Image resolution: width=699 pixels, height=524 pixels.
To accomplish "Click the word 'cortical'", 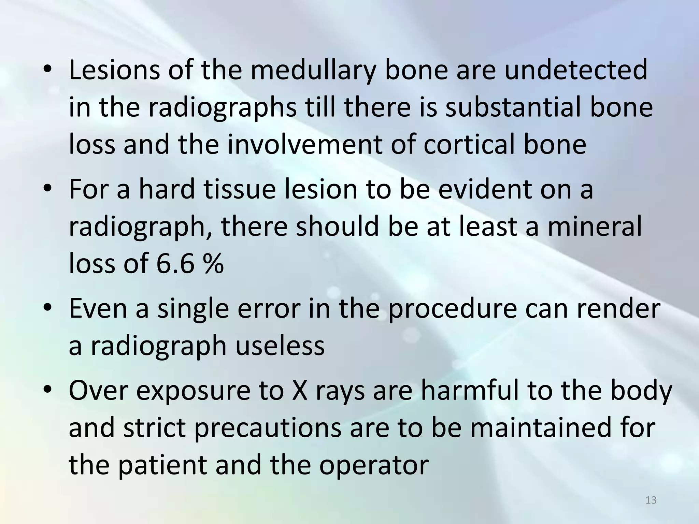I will pyautogui.click(x=470, y=145).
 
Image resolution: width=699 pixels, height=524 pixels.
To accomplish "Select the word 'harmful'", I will pyautogui.click(x=471, y=391).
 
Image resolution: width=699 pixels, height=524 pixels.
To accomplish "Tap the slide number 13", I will pyautogui.click(x=651, y=500).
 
